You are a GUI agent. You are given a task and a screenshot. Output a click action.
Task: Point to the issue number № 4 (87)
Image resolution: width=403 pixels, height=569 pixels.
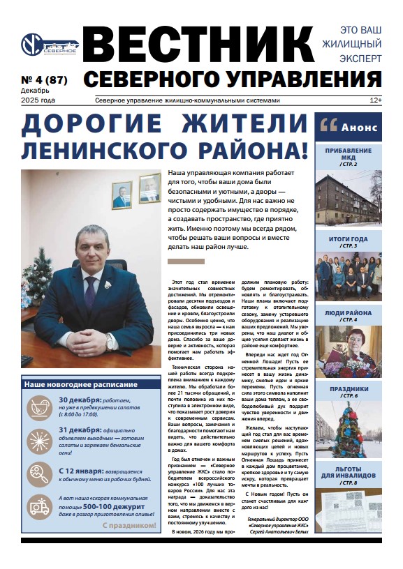pyautogui.click(x=45, y=79)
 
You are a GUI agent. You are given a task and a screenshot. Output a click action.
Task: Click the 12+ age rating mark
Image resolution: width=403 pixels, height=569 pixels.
pyautogui.click(x=376, y=100)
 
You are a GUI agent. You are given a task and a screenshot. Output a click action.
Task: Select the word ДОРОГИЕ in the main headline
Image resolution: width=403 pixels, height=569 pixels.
pyautogui.click(x=90, y=126)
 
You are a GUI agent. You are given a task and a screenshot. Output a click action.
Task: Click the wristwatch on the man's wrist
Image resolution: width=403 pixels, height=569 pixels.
pyautogui.click(x=110, y=341)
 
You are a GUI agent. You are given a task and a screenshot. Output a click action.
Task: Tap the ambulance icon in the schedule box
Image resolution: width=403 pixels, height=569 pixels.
pyautogui.click(x=39, y=508)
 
